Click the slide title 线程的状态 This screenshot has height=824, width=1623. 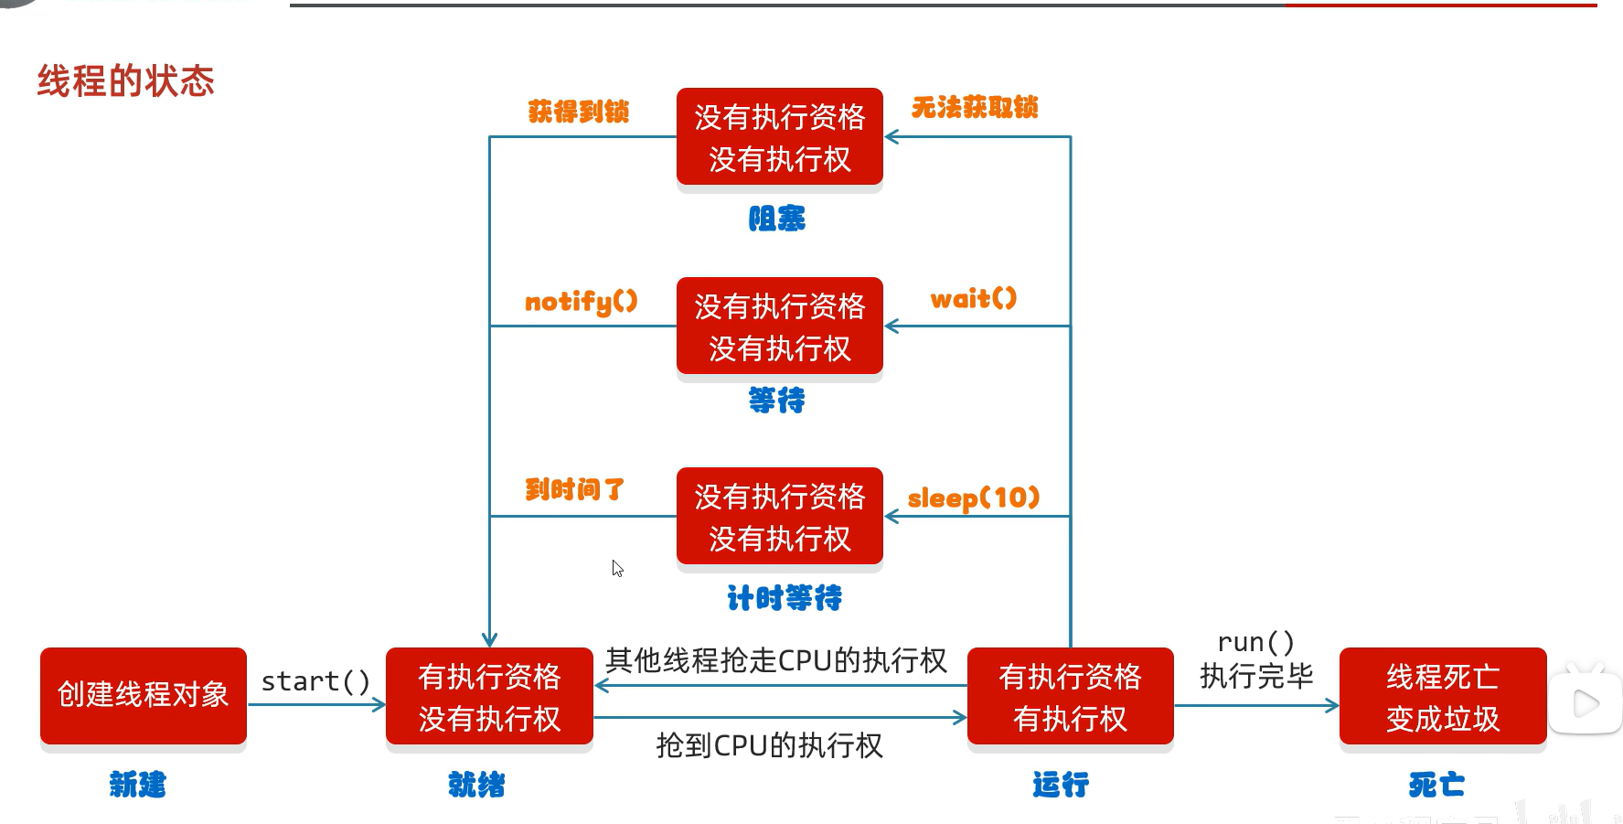[x=125, y=81]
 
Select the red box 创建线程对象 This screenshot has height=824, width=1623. [x=144, y=695]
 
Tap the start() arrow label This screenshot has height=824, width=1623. [x=315, y=681]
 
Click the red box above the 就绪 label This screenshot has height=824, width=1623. [x=489, y=697]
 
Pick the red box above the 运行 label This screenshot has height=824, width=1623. [x=1070, y=697]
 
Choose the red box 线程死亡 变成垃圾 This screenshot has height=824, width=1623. [x=1442, y=697]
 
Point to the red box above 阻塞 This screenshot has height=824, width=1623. [x=779, y=137]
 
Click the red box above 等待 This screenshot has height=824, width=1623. [x=779, y=326]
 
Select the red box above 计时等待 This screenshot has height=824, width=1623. [x=779, y=517]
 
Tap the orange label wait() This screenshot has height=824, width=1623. [x=973, y=299]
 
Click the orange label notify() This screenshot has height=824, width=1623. [x=581, y=302]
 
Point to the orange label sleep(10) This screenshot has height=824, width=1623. [x=973, y=498]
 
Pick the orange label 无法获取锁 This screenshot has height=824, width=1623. [x=974, y=108]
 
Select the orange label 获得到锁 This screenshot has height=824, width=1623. [x=578, y=112]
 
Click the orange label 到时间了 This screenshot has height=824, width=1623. [x=574, y=489]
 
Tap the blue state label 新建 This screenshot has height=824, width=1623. [x=137, y=785]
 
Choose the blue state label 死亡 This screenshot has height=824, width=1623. [x=1436, y=785]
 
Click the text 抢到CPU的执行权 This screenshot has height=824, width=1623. [x=769, y=746]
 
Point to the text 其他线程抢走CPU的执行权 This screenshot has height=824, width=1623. [x=775, y=660]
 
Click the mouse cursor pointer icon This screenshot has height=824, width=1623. [x=617, y=568]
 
